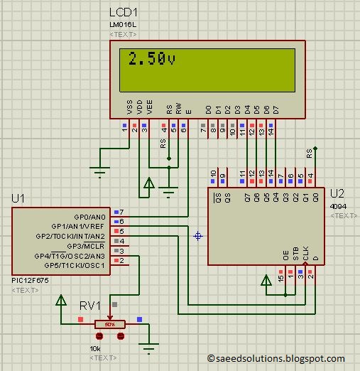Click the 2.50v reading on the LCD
point(151,59)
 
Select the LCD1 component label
point(124,14)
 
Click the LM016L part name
point(121,26)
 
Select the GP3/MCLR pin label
point(89,245)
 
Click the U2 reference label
point(337,193)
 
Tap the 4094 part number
point(338,205)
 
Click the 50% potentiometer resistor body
point(110,324)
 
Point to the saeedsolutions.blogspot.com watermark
point(276,359)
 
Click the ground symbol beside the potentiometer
point(148,347)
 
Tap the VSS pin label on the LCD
point(129,107)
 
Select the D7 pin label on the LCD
point(276,109)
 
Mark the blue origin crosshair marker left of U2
point(197,235)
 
